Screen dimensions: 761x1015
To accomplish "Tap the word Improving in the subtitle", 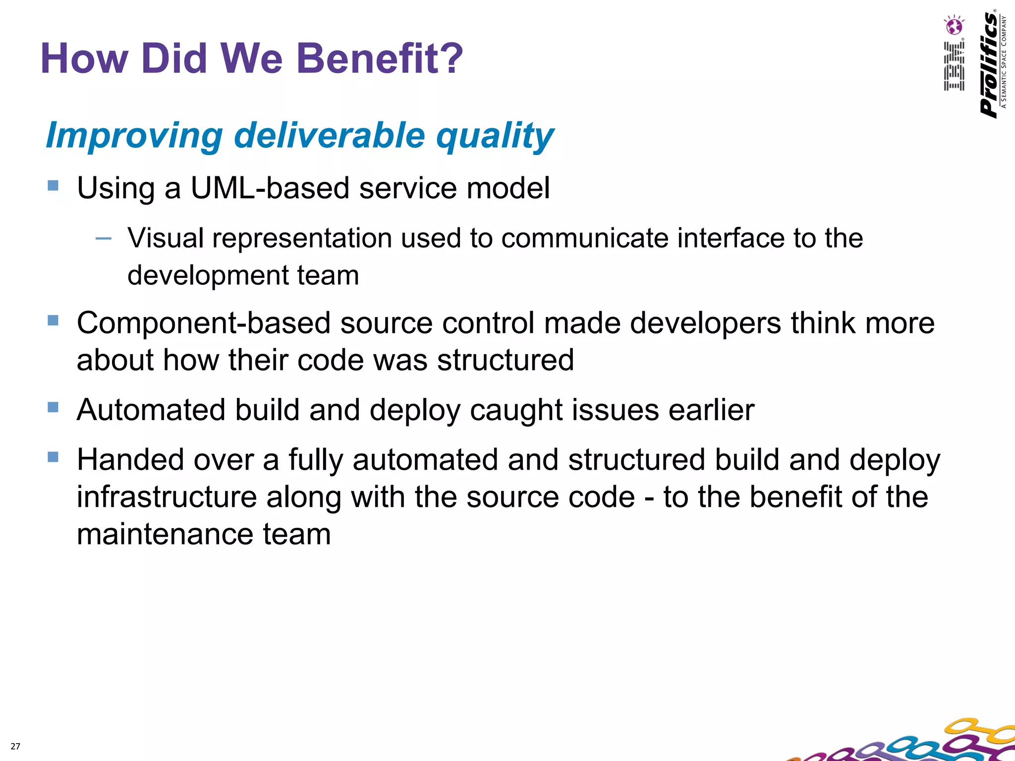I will click(134, 135).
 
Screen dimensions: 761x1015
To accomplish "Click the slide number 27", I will click(15, 746).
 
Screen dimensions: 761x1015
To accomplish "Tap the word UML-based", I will click(270, 188).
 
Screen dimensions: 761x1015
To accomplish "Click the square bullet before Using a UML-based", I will click(53, 186).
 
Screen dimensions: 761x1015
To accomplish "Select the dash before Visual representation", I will click(103, 239).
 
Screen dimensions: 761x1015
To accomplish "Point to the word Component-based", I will click(203, 323).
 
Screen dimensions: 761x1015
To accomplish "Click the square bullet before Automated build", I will click(53, 407).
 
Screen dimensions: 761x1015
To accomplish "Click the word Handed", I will click(130, 460).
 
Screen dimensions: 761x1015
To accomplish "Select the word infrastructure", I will click(167, 497).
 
